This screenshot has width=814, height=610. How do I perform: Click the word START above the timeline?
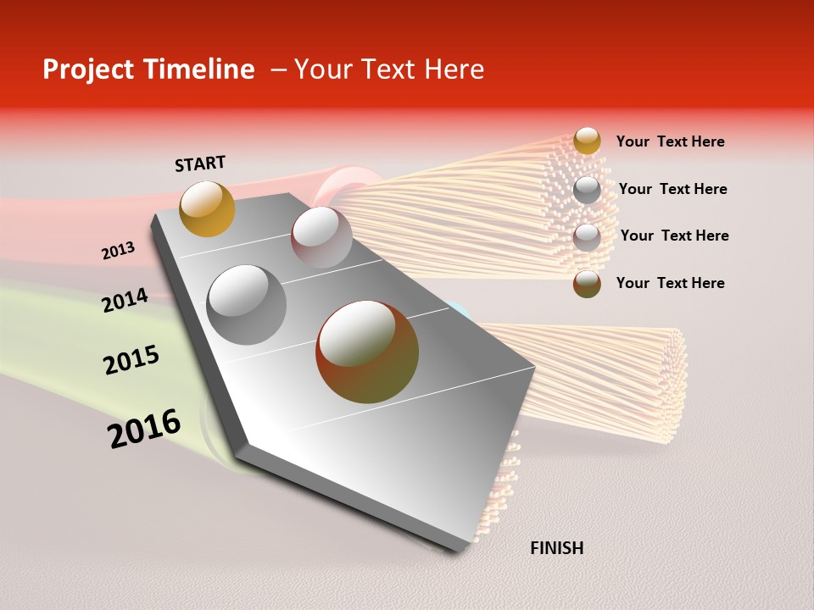pyautogui.click(x=200, y=164)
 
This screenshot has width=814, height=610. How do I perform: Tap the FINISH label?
pyautogui.click(x=556, y=548)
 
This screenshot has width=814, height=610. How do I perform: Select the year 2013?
pyautogui.click(x=118, y=251)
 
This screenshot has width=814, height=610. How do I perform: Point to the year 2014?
pyautogui.click(x=125, y=300)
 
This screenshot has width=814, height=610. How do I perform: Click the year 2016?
pyautogui.click(x=144, y=429)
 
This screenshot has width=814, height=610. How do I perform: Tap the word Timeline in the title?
pyautogui.click(x=201, y=69)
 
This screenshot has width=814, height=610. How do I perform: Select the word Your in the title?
pyautogui.click(x=318, y=69)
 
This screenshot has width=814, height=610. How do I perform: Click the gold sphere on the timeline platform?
pyautogui.click(x=207, y=208)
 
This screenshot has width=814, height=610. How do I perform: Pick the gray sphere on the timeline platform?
pyautogui.click(x=247, y=305)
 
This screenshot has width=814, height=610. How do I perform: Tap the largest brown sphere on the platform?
pyautogui.click(x=366, y=352)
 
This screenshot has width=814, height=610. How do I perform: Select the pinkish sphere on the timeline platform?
pyautogui.click(x=321, y=237)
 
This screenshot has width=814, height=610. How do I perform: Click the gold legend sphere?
pyautogui.click(x=587, y=141)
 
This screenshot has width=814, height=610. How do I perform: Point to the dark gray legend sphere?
pyautogui.click(x=587, y=190)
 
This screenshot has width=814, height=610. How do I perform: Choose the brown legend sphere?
pyautogui.click(x=587, y=284)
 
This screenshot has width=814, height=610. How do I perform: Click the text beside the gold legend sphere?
pyautogui.click(x=670, y=141)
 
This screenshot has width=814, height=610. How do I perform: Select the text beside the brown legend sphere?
pyautogui.click(x=670, y=283)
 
